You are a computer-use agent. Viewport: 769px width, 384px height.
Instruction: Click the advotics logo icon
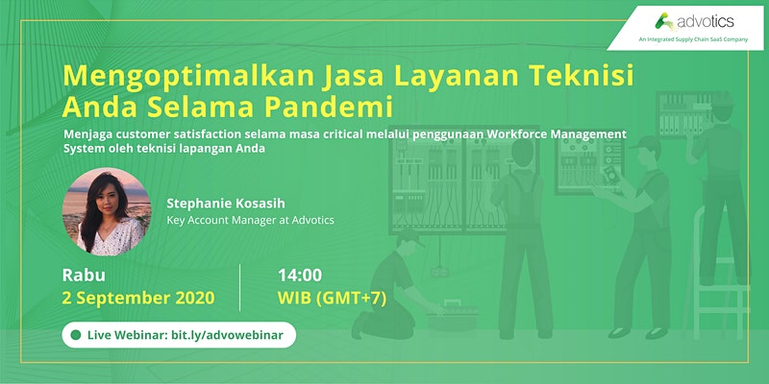click(x=664, y=22)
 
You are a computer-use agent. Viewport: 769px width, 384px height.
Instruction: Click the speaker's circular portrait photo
click(x=107, y=211)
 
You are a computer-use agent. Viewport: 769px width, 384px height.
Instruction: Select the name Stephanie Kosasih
click(x=226, y=204)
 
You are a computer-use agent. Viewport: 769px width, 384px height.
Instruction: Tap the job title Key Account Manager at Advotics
click(x=250, y=221)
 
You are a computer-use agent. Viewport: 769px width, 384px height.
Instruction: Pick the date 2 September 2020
click(x=138, y=298)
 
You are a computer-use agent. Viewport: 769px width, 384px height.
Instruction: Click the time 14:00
click(x=300, y=276)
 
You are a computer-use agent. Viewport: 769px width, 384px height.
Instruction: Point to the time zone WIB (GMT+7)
click(x=332, y=299)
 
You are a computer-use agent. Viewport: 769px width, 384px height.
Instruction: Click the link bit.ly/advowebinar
click(x=227, y=335)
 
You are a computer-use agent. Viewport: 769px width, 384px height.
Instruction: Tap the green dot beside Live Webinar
click(x=76, y=335)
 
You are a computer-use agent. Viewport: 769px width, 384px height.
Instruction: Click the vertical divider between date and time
click(x=239, y=287)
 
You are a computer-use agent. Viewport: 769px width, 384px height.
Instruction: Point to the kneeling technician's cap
click(x=411, y=238)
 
